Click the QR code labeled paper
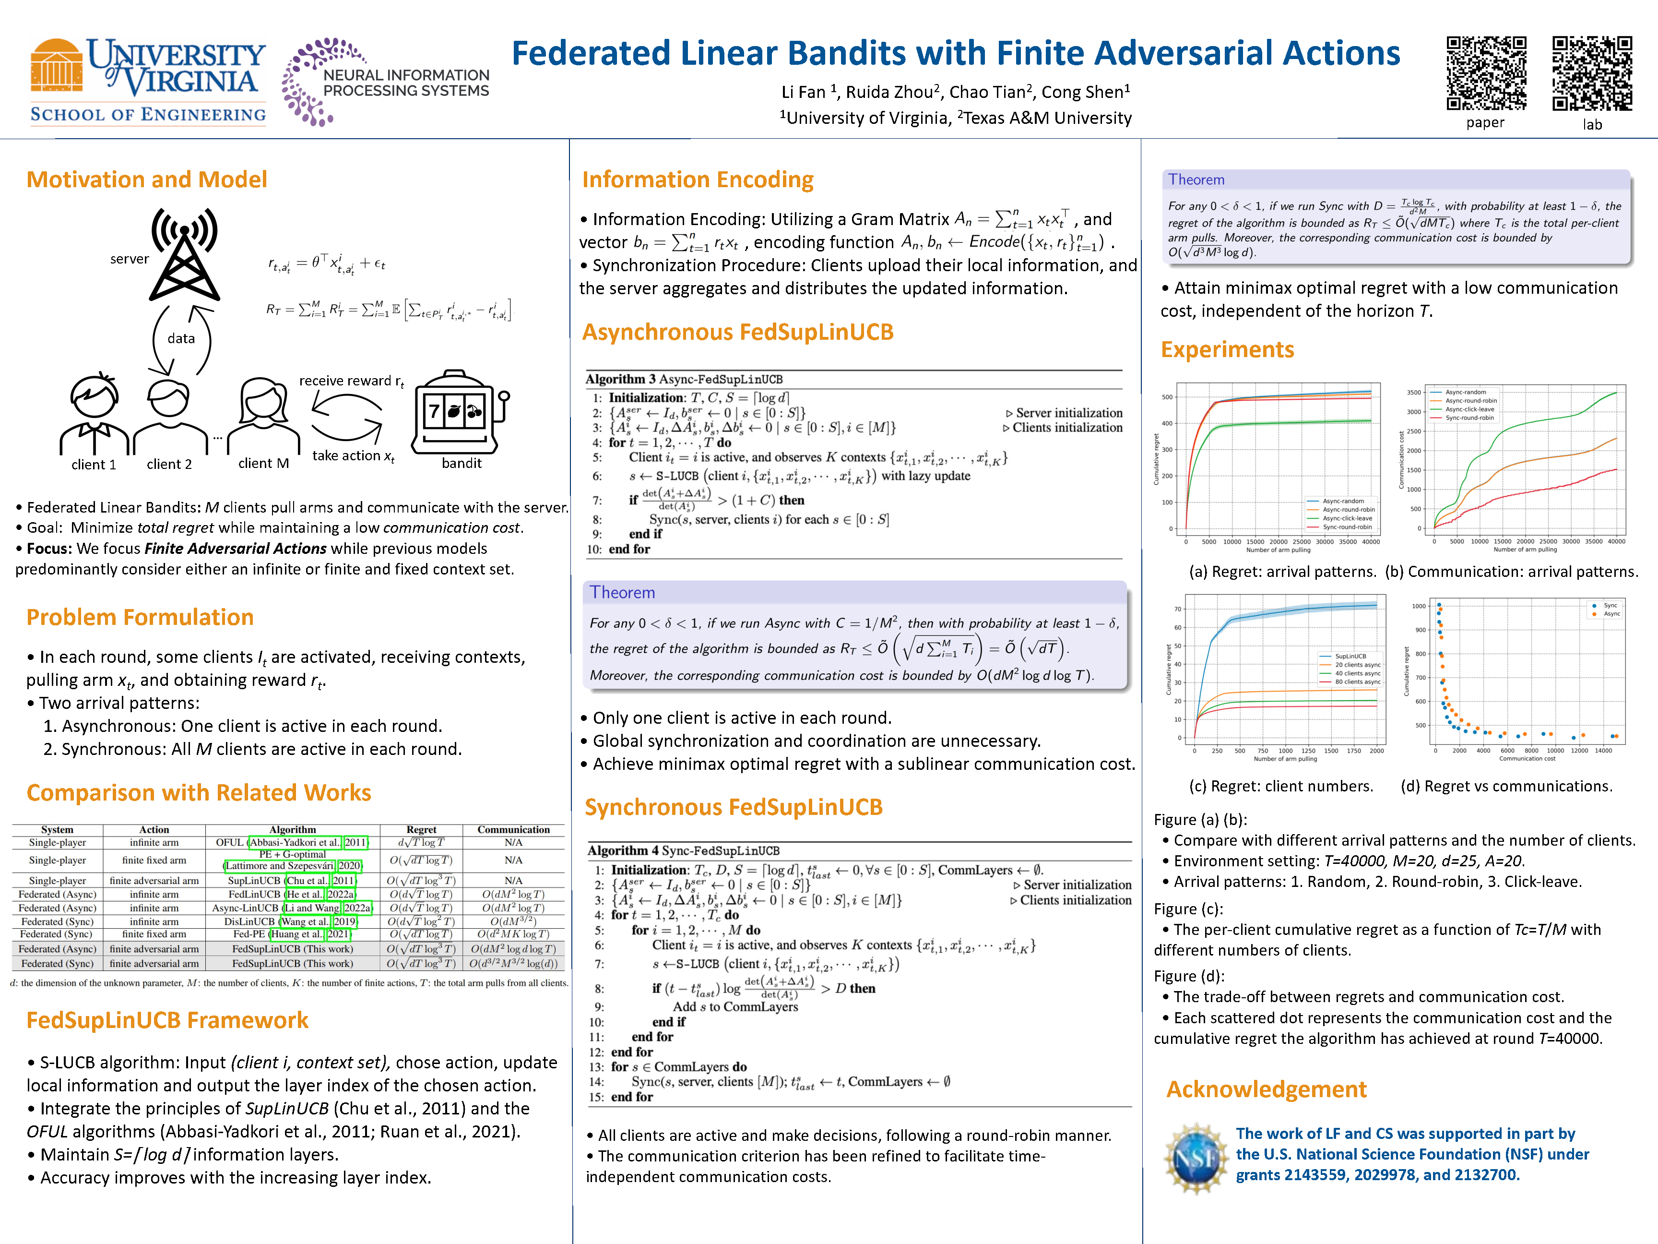pyautogui.click(x=1486, y=73)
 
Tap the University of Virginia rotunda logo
pyautogui.click(x=56, y=74)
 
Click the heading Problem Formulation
pyautogui.click(x=140, y=617)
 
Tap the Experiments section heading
pyautogui.click(x=1227, y=349)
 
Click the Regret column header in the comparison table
pyautogui.click(x=421, y=829)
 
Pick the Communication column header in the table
pyautogui.click(x=513, y=829)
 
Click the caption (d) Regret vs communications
pyautogui.click(x=1506, y=786)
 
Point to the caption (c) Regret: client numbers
pyautogui.click(x=1281, y=786)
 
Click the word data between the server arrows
pyautogui.click(x=181, y=338)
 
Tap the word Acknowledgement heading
pyautogui.click(x=1266, y=1089)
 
